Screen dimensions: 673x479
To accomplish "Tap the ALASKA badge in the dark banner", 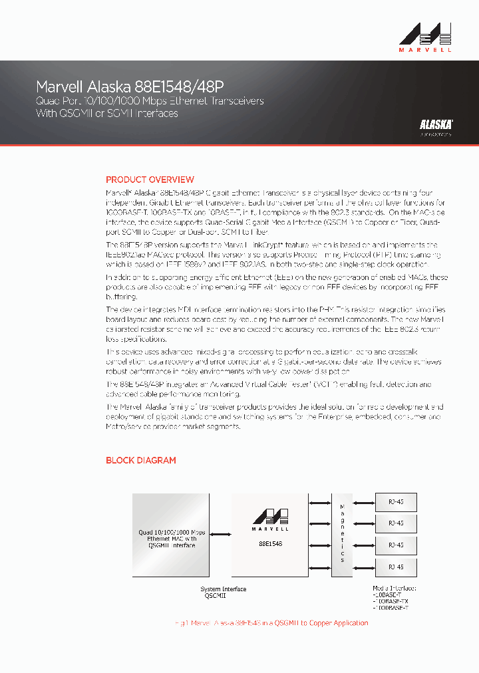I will [x=436, y=124].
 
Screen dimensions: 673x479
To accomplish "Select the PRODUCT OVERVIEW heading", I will [x=150, y=180].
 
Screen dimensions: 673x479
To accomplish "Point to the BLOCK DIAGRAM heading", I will [x=141, y=460].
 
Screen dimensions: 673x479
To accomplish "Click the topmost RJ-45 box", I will [x=396, y=500].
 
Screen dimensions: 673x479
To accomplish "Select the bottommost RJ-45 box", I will [x=396, y=567].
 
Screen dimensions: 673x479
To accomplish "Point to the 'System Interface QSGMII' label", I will [x=224, y=593].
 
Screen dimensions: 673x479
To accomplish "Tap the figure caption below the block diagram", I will [x=271, y=623].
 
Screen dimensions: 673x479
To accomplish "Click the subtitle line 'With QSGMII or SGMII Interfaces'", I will [x=106, y=114].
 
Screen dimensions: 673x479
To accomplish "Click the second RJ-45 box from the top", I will [x=396, y=522].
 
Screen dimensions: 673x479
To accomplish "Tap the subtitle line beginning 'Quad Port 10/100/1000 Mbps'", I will [x=149, y=101].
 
